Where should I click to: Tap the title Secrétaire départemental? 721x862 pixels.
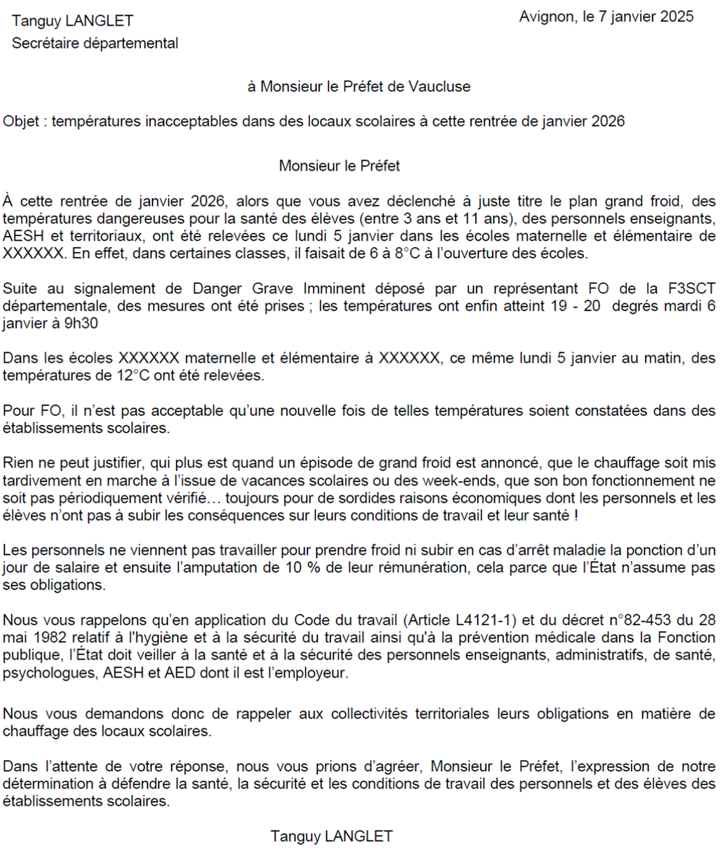95,43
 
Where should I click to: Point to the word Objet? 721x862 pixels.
21,121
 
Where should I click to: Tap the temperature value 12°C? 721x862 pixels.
133,375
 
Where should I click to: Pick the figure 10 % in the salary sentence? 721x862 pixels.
303,567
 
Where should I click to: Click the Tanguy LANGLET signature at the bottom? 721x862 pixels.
331,836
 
